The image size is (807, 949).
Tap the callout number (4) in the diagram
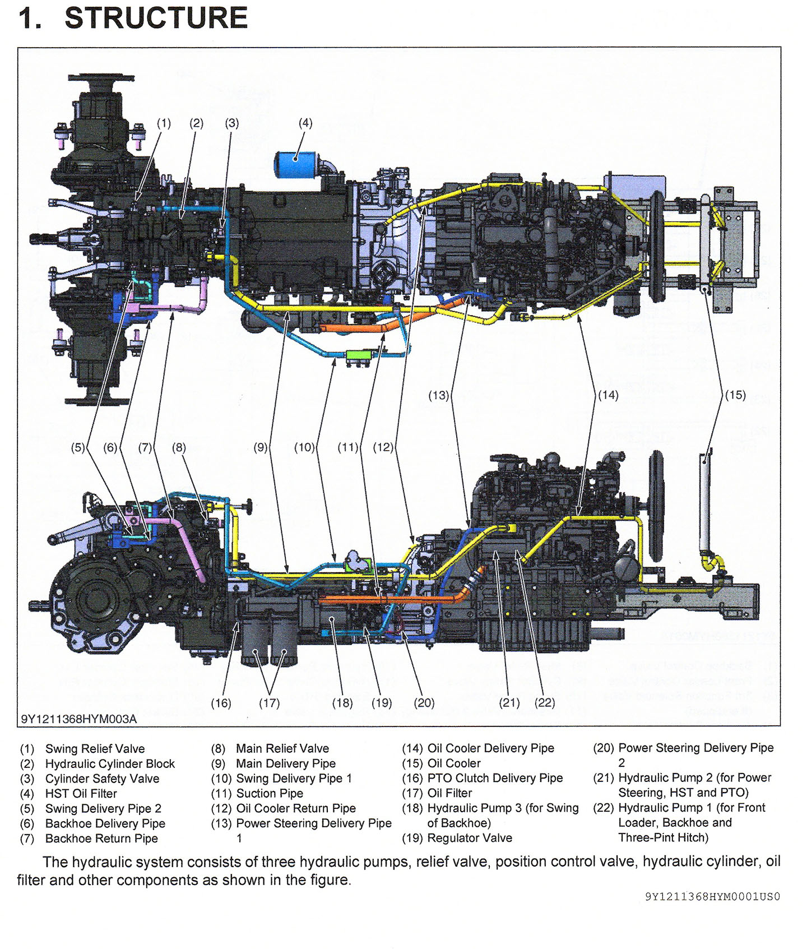point(305,123)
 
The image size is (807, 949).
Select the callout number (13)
point(439,395)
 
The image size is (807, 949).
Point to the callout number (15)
point(735,395)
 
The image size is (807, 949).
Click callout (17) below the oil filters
point(269,703)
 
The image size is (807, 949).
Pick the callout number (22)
point(545,703)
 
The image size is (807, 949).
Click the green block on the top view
point(359,355)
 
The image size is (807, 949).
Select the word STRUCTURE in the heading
point(156,18)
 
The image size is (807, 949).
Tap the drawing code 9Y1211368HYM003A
point(78,719)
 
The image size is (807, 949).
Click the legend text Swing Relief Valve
point(95,749)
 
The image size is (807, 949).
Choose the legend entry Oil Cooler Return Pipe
point(296,808)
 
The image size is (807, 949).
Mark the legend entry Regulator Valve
point(470,838)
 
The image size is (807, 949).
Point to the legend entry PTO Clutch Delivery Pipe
point(495,778)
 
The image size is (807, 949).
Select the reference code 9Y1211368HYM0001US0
point(712,897)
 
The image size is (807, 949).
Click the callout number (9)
point(261,447)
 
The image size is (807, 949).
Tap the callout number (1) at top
point(164,123)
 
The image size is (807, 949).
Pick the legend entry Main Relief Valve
point(282,749)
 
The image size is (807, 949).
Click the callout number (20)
point(424,703)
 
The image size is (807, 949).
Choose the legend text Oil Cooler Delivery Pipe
point(490,748)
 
